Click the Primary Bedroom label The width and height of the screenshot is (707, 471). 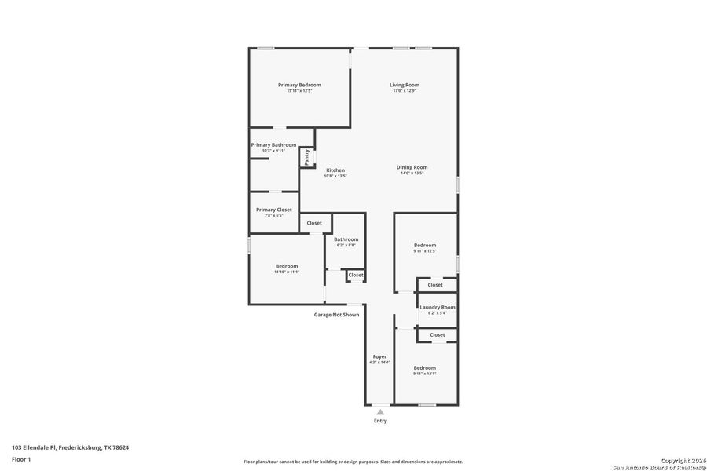point(299,85)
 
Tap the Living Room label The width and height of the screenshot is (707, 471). point(405,85)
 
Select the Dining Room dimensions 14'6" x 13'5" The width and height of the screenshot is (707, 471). point(412,173)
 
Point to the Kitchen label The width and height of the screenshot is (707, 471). point(335,170)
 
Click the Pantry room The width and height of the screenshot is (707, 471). point(307,157)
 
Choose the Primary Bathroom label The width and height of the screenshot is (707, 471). point(273,145)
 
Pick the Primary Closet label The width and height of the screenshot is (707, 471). point(273,210)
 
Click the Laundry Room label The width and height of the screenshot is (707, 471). point(437,307)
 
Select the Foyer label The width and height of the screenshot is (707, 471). point(379,356)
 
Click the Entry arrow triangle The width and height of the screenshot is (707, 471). point(380,411)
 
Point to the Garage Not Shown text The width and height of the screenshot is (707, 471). point(336,315)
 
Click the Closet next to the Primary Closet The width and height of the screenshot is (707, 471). point(314,223)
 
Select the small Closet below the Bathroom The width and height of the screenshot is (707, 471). point(356,275)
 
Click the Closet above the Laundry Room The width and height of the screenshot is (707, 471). point(435,285)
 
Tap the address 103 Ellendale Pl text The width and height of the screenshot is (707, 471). point(70,447)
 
